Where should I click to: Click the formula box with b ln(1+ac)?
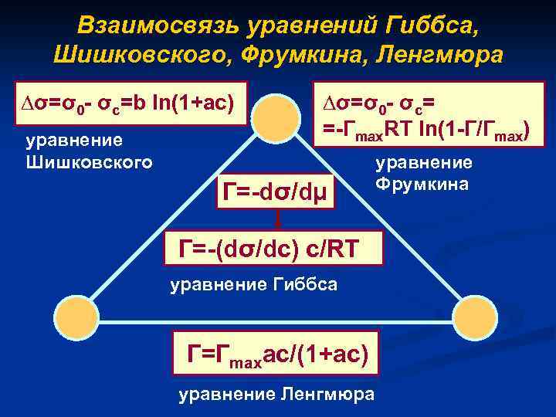(x=131, y=103)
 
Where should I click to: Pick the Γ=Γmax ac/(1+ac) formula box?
(x=276, y=354)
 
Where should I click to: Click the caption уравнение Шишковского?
(x=89, y=151)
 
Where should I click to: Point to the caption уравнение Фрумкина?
(x=424, y=174)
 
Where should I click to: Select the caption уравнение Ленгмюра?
(x=276, y=395)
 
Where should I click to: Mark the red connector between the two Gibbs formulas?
(x=276, y=220)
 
